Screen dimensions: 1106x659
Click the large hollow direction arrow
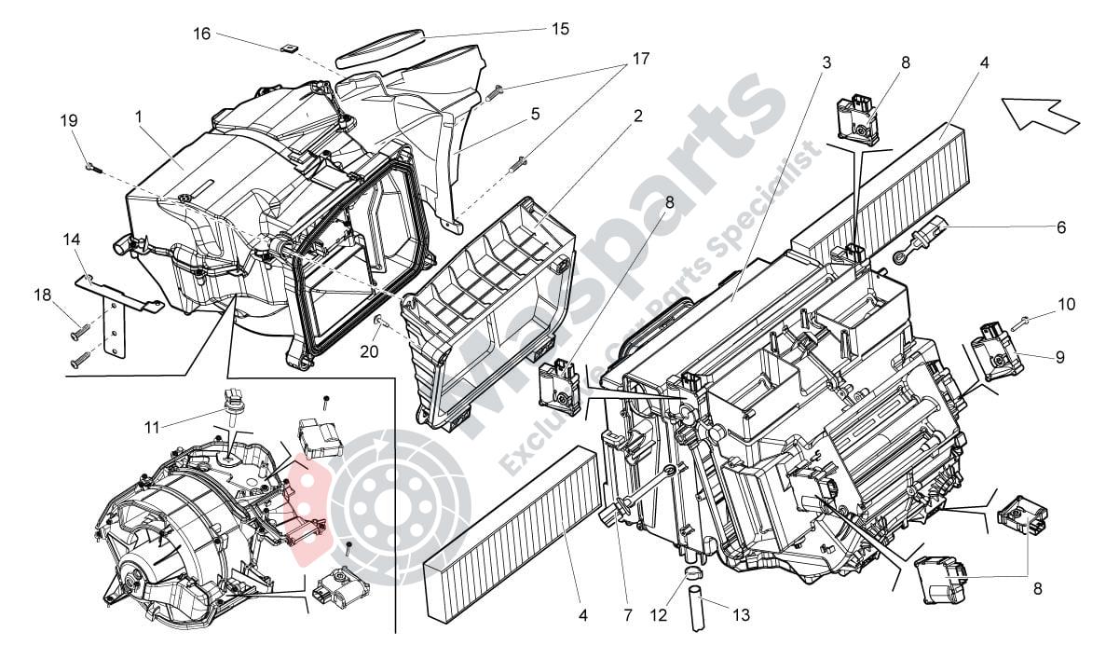point(1040,113)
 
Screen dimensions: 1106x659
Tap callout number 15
point(560,29)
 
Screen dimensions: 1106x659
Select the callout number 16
point(202,34)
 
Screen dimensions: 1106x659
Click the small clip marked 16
point(286,48)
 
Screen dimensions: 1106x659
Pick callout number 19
point(68,121)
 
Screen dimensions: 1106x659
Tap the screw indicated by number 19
point(93,167)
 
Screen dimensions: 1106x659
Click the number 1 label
point(139,116)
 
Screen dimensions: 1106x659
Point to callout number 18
point(43,295)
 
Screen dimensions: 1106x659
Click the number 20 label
point(369,350)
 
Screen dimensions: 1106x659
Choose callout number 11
point(153,427)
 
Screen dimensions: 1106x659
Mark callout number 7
point(628,615)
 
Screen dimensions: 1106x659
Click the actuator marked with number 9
point(996,350)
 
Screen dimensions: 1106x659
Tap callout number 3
point(826,62)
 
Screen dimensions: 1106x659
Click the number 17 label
point(640,59)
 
